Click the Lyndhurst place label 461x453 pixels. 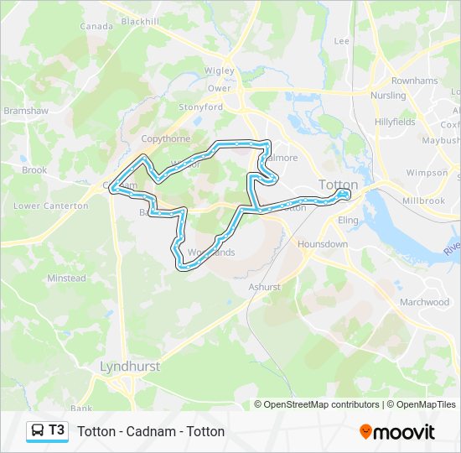129,366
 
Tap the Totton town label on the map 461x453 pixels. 338,185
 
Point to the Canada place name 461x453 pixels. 96,27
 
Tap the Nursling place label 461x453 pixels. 388,96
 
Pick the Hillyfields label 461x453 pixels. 395,122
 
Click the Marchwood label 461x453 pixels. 424,302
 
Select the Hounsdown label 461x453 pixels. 323,244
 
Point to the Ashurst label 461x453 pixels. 264,287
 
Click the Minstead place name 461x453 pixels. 66,279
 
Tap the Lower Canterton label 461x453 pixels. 51,206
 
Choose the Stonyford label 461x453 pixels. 201,107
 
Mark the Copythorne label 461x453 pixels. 166,138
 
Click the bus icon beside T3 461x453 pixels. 38,431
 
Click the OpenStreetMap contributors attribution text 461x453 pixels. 317,404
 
